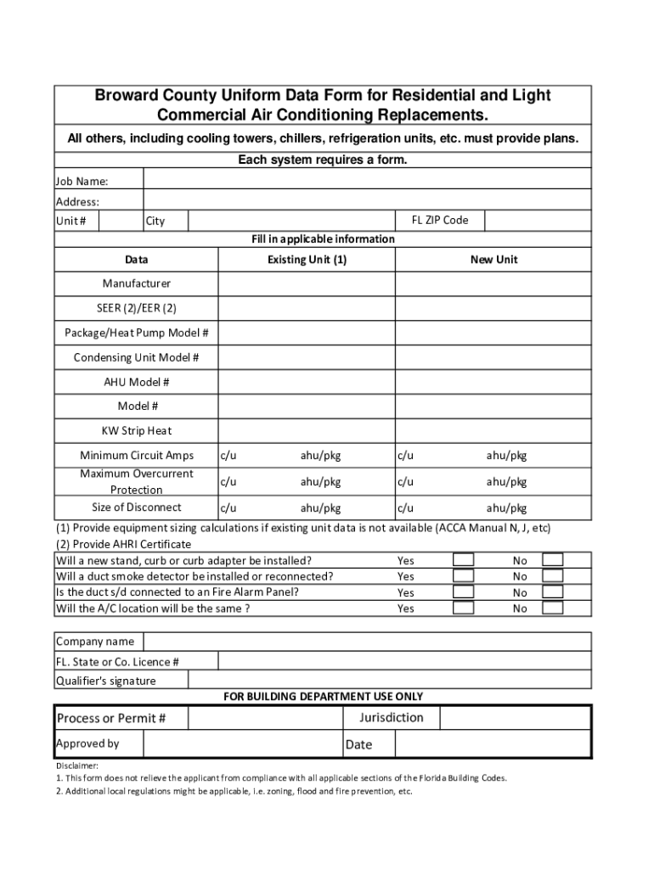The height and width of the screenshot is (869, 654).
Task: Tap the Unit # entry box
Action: pos(120,221)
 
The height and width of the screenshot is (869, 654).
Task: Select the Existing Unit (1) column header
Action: pos(307,260)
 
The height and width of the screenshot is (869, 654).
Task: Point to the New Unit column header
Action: pos(493,260)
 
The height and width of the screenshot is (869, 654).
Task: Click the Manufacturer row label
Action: pos(136,283)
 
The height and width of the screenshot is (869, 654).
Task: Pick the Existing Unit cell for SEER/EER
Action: pos(307,307)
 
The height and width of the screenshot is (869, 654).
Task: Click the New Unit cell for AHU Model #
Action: pos(493,382)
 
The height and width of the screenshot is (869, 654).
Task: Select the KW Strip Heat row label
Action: pos(136,431)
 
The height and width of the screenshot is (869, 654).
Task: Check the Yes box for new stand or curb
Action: pos(463,560)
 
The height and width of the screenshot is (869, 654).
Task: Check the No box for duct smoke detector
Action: pos(552,576)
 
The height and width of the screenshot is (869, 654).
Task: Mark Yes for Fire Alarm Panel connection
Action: pos(463,592)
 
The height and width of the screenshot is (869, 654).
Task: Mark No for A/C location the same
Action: pos(552,608)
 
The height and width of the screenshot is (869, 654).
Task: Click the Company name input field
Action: pos(368,642)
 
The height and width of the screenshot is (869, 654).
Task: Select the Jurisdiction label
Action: pos(391,718)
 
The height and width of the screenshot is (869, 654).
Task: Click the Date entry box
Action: pos(493,744)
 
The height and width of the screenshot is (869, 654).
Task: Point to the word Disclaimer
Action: pos(77,765)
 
